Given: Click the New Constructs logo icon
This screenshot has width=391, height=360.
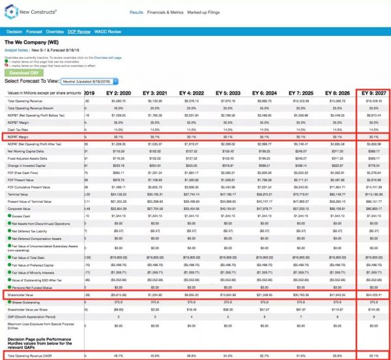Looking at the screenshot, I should pos(11,12).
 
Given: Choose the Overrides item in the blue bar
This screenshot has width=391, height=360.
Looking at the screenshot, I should pos(55,31).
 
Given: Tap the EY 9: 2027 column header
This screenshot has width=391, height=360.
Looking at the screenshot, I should pos(371,93).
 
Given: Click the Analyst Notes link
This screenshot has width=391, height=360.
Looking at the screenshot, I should pos(18,50).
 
